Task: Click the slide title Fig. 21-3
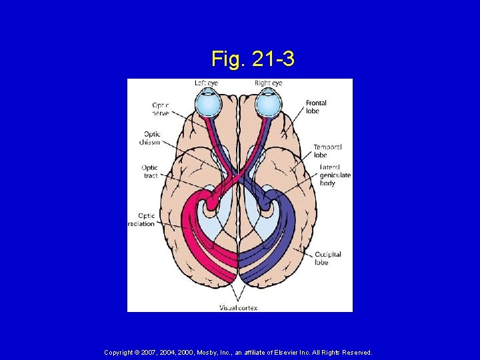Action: [x=253, y=59]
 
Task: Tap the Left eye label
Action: [x=207, y=83]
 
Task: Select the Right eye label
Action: [x=268, y=83]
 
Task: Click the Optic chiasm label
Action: [x=151, y=138]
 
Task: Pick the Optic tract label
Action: [x=149, y=171]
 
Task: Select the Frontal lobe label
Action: [x=316, y=107]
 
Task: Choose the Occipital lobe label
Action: [x=327, y=258]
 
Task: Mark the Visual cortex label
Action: [x=238, y=308]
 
